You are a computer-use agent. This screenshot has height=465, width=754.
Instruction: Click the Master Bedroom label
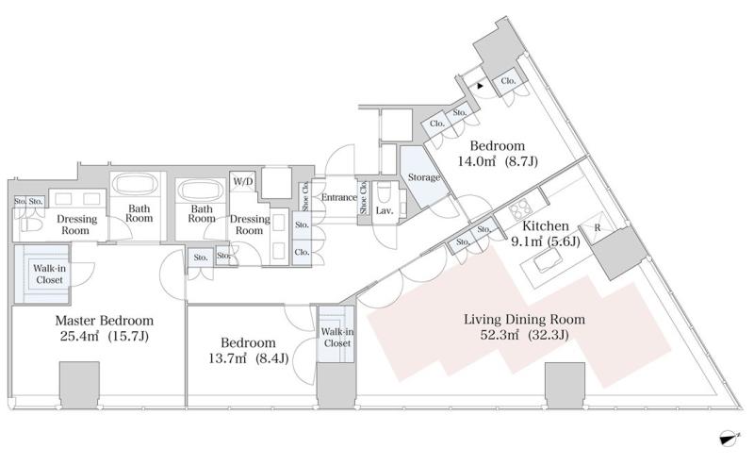click(105, 321)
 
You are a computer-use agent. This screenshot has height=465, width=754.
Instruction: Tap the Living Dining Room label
click(524, 320)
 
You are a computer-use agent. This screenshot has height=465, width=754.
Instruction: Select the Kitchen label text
click(546, 225)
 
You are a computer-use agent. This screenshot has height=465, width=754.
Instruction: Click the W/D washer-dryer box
click(243, 181)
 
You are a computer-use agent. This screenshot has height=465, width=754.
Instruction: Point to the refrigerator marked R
click(597, 227)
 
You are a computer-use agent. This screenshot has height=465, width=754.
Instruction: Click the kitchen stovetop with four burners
click(519, 209)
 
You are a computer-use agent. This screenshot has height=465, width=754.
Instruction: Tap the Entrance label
click(339, 197)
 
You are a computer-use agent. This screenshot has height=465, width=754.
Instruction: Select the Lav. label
click(385, 211)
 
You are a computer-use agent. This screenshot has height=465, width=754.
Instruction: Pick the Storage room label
click(423, 177)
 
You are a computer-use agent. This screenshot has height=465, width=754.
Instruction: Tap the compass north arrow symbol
click(729, 437)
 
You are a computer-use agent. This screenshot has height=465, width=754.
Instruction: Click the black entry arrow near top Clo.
click(480, 86)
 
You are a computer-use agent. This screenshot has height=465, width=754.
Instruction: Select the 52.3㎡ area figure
click(500, 335)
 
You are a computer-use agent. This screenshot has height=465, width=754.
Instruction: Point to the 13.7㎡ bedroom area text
click(227, 358)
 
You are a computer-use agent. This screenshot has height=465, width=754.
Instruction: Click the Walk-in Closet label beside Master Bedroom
click(49, 274)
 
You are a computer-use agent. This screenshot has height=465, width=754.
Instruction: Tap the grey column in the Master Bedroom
click(79, 386)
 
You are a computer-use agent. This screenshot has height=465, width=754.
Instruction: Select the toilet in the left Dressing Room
click(31, 224)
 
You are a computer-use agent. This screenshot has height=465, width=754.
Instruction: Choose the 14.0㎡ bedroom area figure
click(476, 161)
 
